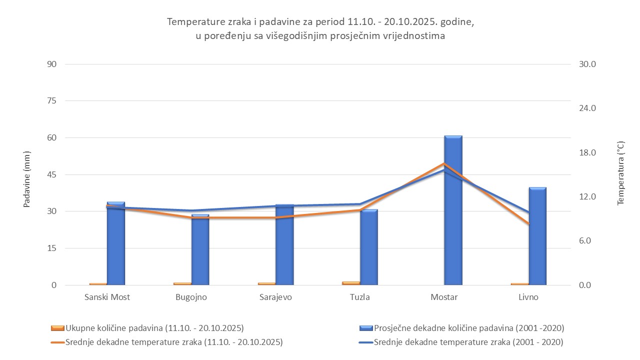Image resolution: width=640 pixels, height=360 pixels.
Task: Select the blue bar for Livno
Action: pos(537,240)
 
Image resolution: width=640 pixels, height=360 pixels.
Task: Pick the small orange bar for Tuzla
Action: pos(350,283)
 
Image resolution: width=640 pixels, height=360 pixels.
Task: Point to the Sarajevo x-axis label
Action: pos(275,297)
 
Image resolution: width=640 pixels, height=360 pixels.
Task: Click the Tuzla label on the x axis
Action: pos(360,297)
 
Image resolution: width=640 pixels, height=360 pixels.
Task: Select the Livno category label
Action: pos(528,297)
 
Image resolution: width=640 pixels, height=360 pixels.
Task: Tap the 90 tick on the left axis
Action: pos(52,64)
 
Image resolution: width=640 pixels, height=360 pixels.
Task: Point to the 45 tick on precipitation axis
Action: pos(52,175)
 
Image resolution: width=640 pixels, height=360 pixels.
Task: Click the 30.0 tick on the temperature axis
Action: pos(587,64)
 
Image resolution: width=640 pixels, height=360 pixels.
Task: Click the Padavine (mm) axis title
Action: pos(27,179)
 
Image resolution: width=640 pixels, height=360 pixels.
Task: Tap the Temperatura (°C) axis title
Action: pos(620,173)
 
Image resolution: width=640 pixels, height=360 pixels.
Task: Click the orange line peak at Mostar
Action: pos(444,163)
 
